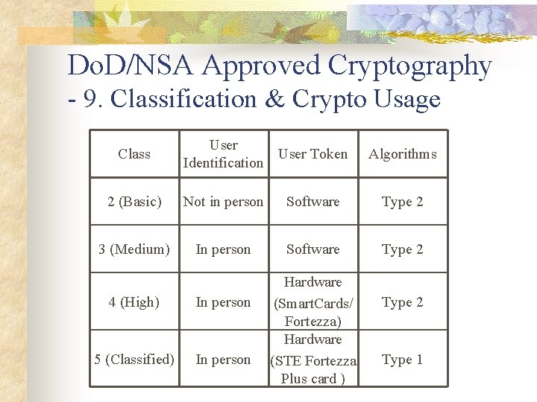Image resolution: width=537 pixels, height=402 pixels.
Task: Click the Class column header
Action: [x=134, y=154]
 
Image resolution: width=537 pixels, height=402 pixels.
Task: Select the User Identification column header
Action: [x=223, y=154]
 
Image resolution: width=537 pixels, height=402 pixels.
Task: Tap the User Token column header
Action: [x=313, y=154]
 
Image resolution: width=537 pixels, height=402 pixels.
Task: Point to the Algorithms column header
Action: [x=403, y=154]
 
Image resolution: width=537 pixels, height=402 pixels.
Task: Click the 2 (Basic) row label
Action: [x=134, y=202]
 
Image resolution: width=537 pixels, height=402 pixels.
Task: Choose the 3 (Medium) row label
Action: [x=134, y=249]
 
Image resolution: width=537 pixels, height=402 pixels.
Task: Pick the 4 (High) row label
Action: [x=134, y=302]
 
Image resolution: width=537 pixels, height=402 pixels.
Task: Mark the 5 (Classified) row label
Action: [x=134, y=360]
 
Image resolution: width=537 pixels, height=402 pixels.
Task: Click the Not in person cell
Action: [x=223, y=202]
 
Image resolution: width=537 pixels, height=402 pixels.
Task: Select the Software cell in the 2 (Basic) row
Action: [x=313, y=202]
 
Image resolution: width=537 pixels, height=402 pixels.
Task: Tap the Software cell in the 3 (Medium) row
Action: [x=313, y=249]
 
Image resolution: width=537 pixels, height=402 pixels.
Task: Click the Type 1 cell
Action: [x=403, y=360]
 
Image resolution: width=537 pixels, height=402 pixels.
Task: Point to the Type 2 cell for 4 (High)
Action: [x=403, y=302]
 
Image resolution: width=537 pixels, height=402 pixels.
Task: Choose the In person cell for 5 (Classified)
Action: [x=223, y=360]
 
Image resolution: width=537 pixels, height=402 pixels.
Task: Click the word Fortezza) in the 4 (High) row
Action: [x=313, y=321]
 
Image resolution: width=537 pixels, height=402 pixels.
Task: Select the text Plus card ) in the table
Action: [x=313, y=378]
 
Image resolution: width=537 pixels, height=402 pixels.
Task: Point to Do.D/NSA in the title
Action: [x=131, y=67]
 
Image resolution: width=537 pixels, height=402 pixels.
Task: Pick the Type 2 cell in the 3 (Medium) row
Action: [x=403, y=249]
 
